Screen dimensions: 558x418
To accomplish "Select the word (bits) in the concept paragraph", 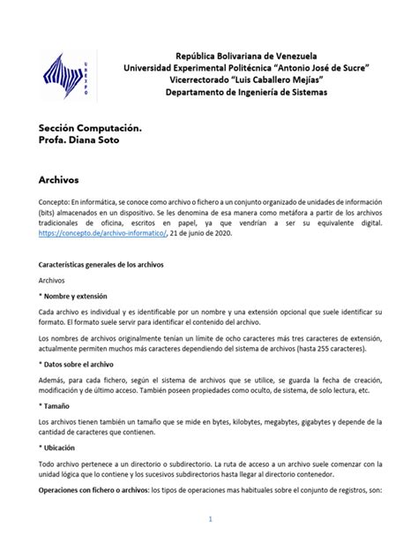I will point(49,215).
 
